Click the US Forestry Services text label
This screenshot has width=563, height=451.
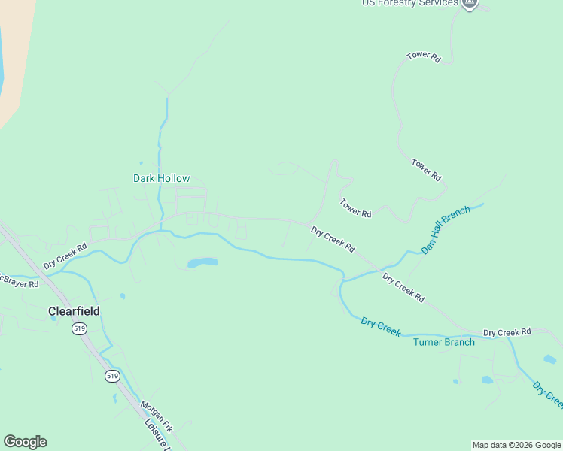(x=409, y=3)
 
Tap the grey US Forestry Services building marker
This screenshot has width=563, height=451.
(x=470, y=3)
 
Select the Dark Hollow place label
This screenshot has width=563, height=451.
(x=161, y=178)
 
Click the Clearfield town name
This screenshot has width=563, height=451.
(x=74, y=310)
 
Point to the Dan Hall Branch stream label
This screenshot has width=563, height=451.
(x=446, y=230)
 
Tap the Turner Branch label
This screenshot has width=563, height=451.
(x=444, y=342)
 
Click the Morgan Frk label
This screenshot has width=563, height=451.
(x=157, y=416)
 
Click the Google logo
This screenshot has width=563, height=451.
(x=25, y=442)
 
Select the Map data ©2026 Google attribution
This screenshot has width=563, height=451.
(x=516, y=445)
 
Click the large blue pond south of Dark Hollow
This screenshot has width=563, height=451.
(x=202, y=263)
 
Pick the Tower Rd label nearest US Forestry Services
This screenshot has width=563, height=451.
(x=423, y=56)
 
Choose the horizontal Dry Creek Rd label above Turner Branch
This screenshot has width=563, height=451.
(x=507, y=331)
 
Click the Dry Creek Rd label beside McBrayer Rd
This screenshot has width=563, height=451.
(x=65, y=256)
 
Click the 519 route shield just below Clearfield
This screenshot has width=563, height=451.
(x=79, y=328)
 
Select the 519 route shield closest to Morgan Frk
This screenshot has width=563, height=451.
(x=112, y=375)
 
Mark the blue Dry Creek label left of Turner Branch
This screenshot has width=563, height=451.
(x=380, y=327)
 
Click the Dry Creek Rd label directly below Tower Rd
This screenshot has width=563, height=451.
(x=333, y=240)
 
